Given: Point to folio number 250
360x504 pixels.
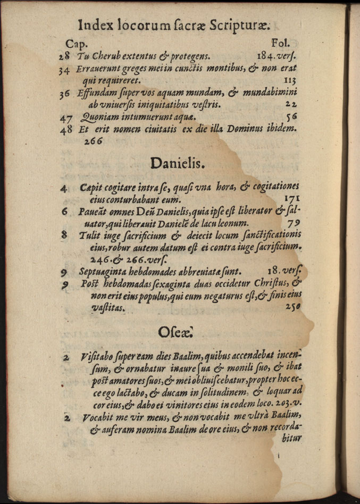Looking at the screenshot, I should pos(292,307).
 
